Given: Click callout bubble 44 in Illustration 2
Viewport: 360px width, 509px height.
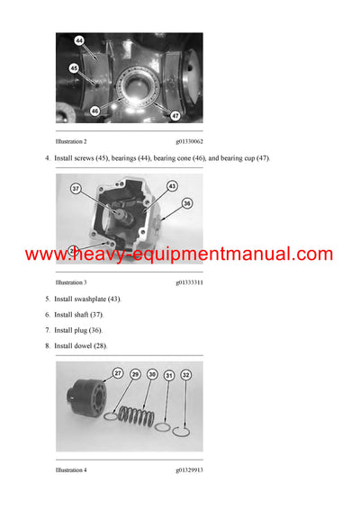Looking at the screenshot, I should click(79, 41).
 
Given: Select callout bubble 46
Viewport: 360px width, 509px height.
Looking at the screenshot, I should click(94, 111).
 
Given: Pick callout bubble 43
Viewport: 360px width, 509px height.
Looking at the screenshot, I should click(172, 186).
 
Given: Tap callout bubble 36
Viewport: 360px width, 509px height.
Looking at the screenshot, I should click(187, 203).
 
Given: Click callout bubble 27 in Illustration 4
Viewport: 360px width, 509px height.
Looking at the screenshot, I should click(118, 373).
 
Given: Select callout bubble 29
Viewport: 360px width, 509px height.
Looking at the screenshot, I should click(136, 373).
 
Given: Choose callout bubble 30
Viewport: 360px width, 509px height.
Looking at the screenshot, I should click(152, 373).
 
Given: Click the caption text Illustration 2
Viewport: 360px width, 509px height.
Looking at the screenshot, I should click(71, 142).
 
